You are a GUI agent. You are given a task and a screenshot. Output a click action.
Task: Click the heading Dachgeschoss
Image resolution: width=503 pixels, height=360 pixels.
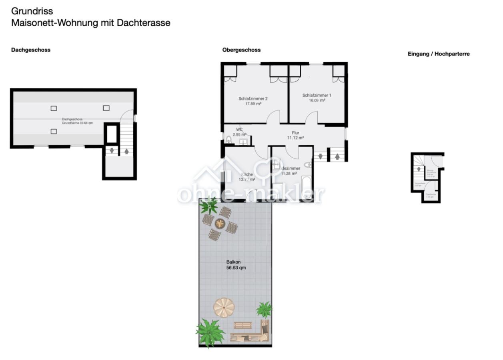[31, 50]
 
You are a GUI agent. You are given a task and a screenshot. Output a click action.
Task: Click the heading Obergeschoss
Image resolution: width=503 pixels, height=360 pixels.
[241, 50]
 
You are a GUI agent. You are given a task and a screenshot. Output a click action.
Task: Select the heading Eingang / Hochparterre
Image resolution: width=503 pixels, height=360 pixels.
[438, 54]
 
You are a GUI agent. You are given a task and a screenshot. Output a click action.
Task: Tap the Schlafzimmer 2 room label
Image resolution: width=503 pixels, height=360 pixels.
[253, 98]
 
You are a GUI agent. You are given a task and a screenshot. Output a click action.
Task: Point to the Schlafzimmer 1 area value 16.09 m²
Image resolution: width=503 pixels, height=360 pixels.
[317, 100]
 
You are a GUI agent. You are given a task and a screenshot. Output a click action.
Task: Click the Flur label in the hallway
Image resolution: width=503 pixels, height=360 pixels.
[295, 133]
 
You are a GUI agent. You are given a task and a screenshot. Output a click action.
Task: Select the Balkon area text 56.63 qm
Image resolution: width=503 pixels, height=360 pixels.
[235, 268]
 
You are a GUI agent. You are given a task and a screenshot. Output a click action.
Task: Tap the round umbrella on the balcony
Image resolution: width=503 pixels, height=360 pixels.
[224, 307]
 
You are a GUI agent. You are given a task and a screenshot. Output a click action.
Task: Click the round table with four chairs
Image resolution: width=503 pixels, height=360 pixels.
[220, 223]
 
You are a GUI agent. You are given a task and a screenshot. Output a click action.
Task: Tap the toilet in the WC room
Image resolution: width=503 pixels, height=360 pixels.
[229, 140]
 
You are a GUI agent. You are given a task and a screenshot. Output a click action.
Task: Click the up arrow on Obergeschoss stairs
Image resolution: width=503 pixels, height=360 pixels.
[337, 156]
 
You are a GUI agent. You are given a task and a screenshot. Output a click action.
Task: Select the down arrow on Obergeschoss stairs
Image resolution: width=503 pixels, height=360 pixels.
[320, 156]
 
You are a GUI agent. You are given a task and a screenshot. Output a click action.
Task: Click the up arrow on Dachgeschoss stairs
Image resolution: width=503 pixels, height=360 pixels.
[126, 152]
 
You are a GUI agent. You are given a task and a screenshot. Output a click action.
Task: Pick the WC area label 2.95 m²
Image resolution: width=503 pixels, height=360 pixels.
[239, 134]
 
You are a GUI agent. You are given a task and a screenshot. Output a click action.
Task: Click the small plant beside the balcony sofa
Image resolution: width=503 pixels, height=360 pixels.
[264, 309]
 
